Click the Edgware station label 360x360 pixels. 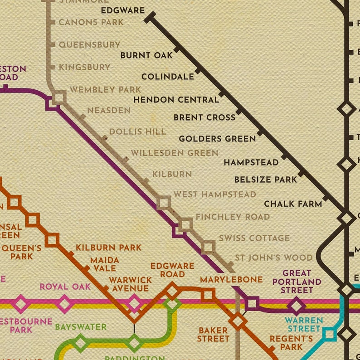(122, 10)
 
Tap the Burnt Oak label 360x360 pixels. (146, 55)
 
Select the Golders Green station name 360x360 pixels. (217, 139)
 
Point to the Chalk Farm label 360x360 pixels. (293, 204)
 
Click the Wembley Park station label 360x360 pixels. (105, 90)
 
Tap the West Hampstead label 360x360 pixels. (215, 195)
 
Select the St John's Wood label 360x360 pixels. (273, 258)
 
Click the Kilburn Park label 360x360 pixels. (108, 248)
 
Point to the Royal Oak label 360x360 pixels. (65, 287)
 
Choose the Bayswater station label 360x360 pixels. (81, 327)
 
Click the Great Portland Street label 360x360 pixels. (297, 282)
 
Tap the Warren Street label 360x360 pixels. (304, 324)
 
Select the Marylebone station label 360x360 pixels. (231, 279)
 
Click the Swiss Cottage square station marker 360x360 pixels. (208, 247)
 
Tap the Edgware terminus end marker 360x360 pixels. (150, 18)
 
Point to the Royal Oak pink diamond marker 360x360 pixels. (64, 304)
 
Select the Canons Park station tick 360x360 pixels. (53, 22)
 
